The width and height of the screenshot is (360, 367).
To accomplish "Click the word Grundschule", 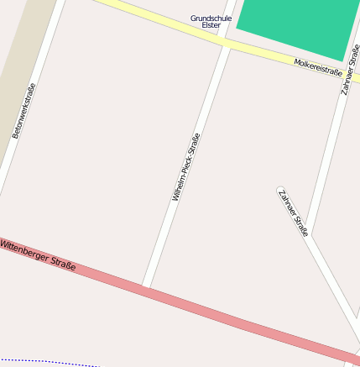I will pyautogui.click(x=211, y=18).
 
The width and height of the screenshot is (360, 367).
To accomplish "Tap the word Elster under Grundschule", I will pyautogui.click(x=211, y=25).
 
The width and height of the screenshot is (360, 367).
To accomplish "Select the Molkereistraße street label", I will pyautogui.click(x=318, y=67).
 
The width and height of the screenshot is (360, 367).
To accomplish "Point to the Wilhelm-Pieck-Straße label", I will pyautogui.click(x=185, y=168).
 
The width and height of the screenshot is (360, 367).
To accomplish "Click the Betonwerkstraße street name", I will pyautogui.click(x=24, y=111).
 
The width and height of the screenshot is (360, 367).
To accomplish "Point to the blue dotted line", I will pyautogui.click(x=50, y=362).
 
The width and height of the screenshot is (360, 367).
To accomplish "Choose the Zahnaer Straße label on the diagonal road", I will pyautogui.click(x=294, y=212).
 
